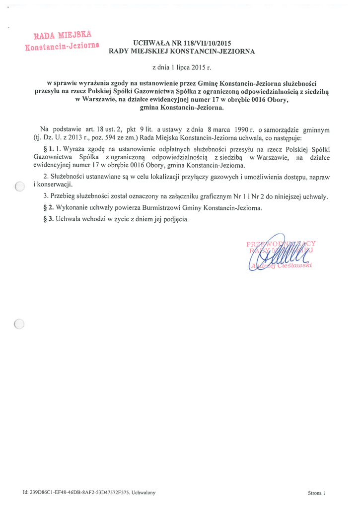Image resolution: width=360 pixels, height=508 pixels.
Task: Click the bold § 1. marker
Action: tap(49, 149)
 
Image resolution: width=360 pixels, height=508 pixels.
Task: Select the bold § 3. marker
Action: tap(49, 219)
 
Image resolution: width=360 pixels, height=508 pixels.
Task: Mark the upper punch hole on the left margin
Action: tap(19, 186)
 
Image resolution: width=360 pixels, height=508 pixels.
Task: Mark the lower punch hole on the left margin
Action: tap(19, 324)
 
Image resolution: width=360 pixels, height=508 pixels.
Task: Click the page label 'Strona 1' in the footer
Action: tap(316, 493)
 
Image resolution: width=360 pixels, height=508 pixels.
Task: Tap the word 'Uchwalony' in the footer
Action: tap(144, 493)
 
